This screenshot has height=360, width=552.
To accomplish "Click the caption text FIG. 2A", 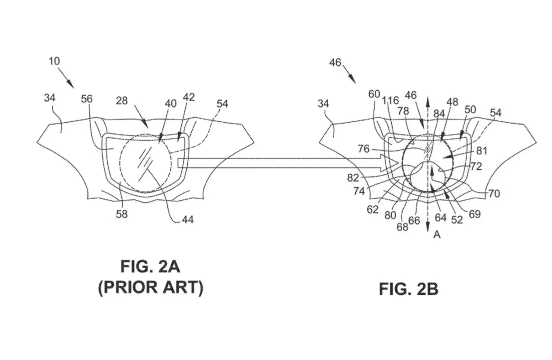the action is click(x=150, y=266).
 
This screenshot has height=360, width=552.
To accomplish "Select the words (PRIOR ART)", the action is click(x=151, y=287).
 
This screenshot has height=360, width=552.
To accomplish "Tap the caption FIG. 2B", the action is click(x=408, y=289).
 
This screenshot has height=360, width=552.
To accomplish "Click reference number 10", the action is click(x=54, y=61).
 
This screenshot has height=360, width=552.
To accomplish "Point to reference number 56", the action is click(x=86, y=99).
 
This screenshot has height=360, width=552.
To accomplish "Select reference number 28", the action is click(x=121, y=100).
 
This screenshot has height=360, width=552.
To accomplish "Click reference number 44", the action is click(x=187, y=219).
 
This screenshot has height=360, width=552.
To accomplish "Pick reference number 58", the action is click(x=122, y=214).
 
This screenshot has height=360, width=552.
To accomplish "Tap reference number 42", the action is click(x=189, y=97).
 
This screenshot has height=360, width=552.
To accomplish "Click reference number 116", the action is click(x=391, y=101).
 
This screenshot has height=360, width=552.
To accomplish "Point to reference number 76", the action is click(x=364, y=149).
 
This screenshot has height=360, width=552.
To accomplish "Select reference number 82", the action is click(x=353, y=178).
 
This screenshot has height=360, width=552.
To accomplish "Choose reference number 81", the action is click(x=482, y=151).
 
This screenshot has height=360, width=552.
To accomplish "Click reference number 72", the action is click(x=476, y=166).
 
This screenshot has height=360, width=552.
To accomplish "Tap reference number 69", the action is click(x=475, y=214).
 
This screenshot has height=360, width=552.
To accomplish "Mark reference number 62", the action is click(x=373, y=209).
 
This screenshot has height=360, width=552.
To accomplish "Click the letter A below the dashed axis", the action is click(x=437, y=234).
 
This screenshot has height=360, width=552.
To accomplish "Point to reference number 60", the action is click(x=374, y=94).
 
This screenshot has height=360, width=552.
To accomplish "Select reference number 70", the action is click(x=494, y=193).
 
